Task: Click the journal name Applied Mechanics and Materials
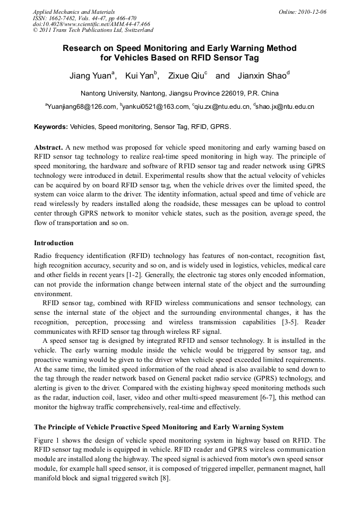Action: [x=73, y=11]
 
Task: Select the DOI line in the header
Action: [x=91, y=24]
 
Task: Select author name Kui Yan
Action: [x=139, y=76]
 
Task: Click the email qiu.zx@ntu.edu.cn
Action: [x=222, y=107]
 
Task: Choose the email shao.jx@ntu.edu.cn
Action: [x=285, y=107]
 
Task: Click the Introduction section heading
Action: [x=54, y=243]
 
